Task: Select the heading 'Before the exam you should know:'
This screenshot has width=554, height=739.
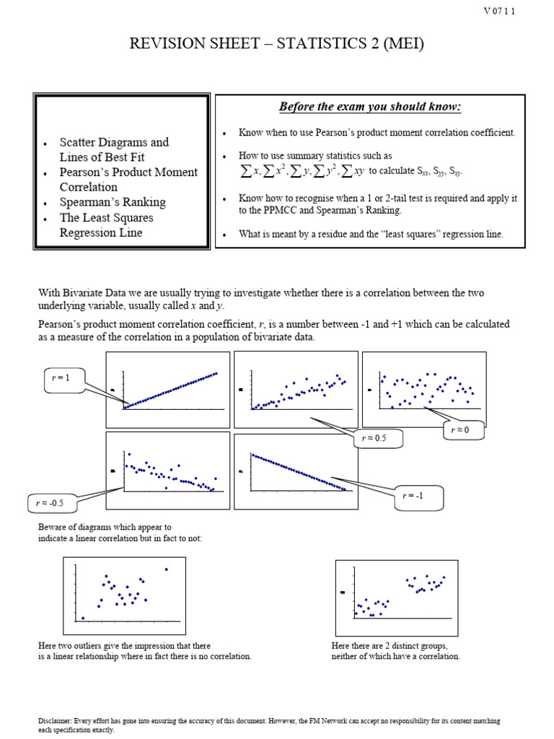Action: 370,108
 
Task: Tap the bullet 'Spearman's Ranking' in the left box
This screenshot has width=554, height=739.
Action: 113,202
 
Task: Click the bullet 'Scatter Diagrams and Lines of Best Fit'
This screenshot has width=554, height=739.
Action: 114,149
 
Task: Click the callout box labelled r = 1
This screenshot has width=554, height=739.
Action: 63,378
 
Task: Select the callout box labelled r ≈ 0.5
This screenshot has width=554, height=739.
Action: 378,439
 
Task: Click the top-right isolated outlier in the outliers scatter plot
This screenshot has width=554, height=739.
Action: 167,569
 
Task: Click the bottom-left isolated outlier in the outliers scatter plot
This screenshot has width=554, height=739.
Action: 83,618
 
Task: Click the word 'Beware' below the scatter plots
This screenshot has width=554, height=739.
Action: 53,528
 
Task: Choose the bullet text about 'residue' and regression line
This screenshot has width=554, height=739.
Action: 371,234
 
